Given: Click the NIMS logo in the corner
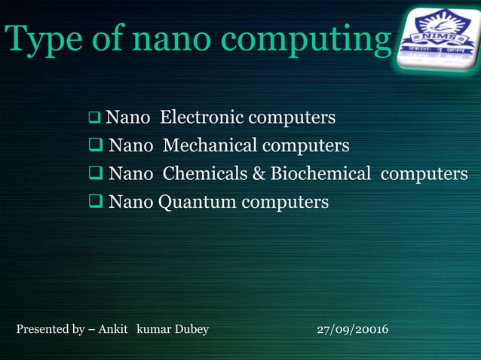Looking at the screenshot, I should coord(438,39).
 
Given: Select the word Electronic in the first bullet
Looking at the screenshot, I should coord(201,118).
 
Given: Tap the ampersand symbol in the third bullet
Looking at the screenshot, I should coord(258,174).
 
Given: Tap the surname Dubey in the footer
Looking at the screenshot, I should coord(191,330).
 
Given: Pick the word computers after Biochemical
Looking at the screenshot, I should coord(424,174).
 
